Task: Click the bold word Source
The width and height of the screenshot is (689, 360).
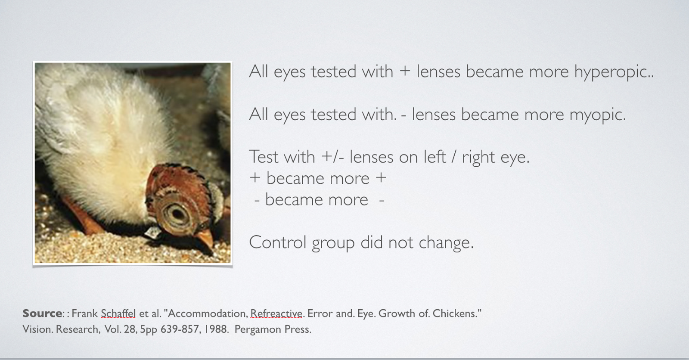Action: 42,313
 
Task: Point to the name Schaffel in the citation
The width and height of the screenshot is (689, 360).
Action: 118,313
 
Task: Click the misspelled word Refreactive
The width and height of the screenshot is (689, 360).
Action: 276,313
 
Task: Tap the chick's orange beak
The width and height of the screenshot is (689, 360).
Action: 205,238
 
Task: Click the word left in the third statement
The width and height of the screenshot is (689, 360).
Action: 435,157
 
